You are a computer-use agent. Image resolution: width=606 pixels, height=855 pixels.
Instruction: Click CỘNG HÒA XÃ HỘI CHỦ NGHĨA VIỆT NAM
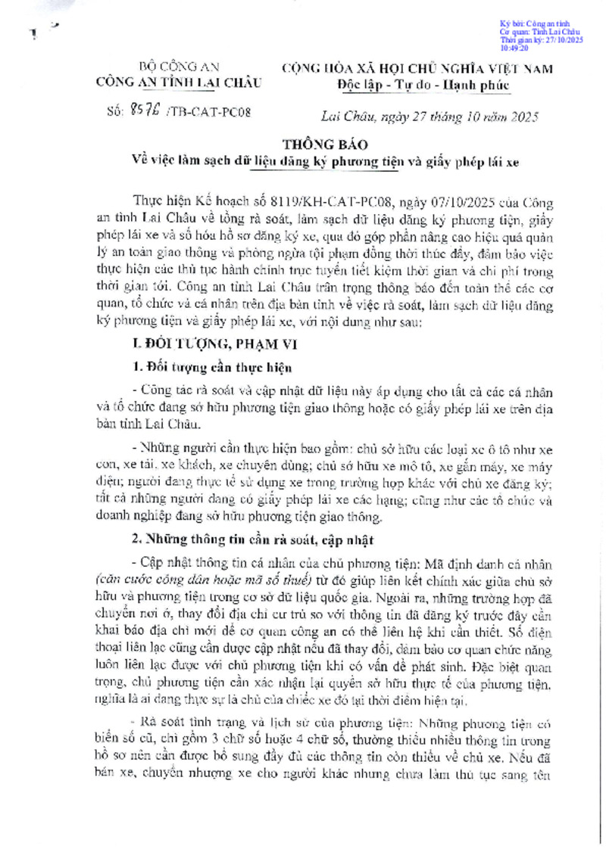point(417,67)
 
